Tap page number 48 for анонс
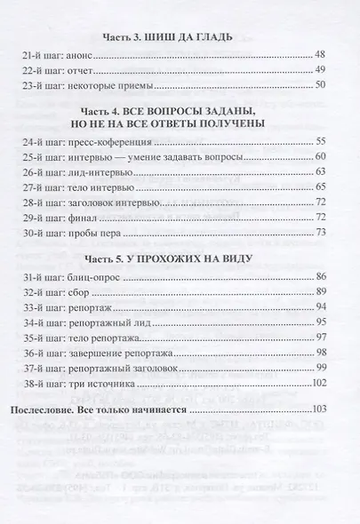pyautogui.click(x=321, y=55)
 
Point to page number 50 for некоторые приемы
pyautogui.click(x=321, y=89)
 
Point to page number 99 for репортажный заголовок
pyautogui.click(x=321, y=398)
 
